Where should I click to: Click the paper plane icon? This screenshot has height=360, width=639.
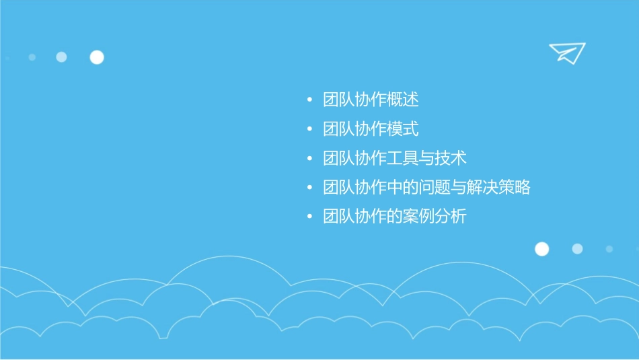566,52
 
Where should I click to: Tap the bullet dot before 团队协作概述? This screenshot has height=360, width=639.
309,100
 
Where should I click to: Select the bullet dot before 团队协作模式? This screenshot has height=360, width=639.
309,129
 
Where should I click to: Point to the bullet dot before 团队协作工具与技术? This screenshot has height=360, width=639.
309,159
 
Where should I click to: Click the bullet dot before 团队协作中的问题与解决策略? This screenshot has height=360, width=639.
309,188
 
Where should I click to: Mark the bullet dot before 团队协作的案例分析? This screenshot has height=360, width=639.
309,217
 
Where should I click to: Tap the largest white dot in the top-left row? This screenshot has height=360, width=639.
97,57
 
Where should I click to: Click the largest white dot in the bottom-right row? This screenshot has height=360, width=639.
541,249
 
